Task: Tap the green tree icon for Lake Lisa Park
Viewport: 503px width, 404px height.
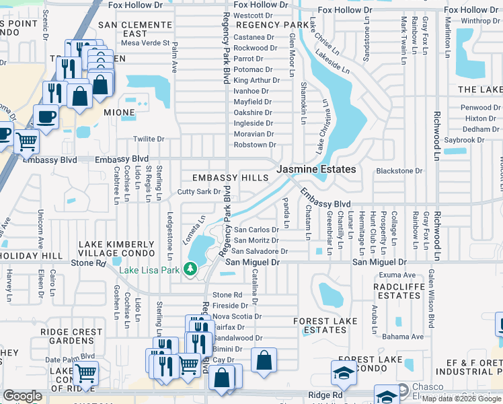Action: coord(191,270)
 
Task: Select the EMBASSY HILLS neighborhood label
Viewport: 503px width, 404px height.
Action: coord(230,178)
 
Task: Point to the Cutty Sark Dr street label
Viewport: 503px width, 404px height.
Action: coord(199,192)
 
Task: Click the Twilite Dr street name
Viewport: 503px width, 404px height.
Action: coord(149,139)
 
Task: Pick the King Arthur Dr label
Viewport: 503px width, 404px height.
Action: coord(256,80)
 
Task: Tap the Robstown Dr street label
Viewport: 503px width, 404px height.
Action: coord(254,145)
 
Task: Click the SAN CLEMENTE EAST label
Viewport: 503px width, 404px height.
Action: coord(132,29)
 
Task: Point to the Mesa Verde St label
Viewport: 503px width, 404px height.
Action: coord(145,43)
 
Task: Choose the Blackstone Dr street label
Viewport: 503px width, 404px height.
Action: coord(399,171)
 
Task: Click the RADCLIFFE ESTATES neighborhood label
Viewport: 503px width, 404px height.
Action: coord(406,290)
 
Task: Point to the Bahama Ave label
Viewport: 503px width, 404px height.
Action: coord(404,337)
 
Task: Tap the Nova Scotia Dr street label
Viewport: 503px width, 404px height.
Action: coord(237,316)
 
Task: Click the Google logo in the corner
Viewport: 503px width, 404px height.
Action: coord(22,396)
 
